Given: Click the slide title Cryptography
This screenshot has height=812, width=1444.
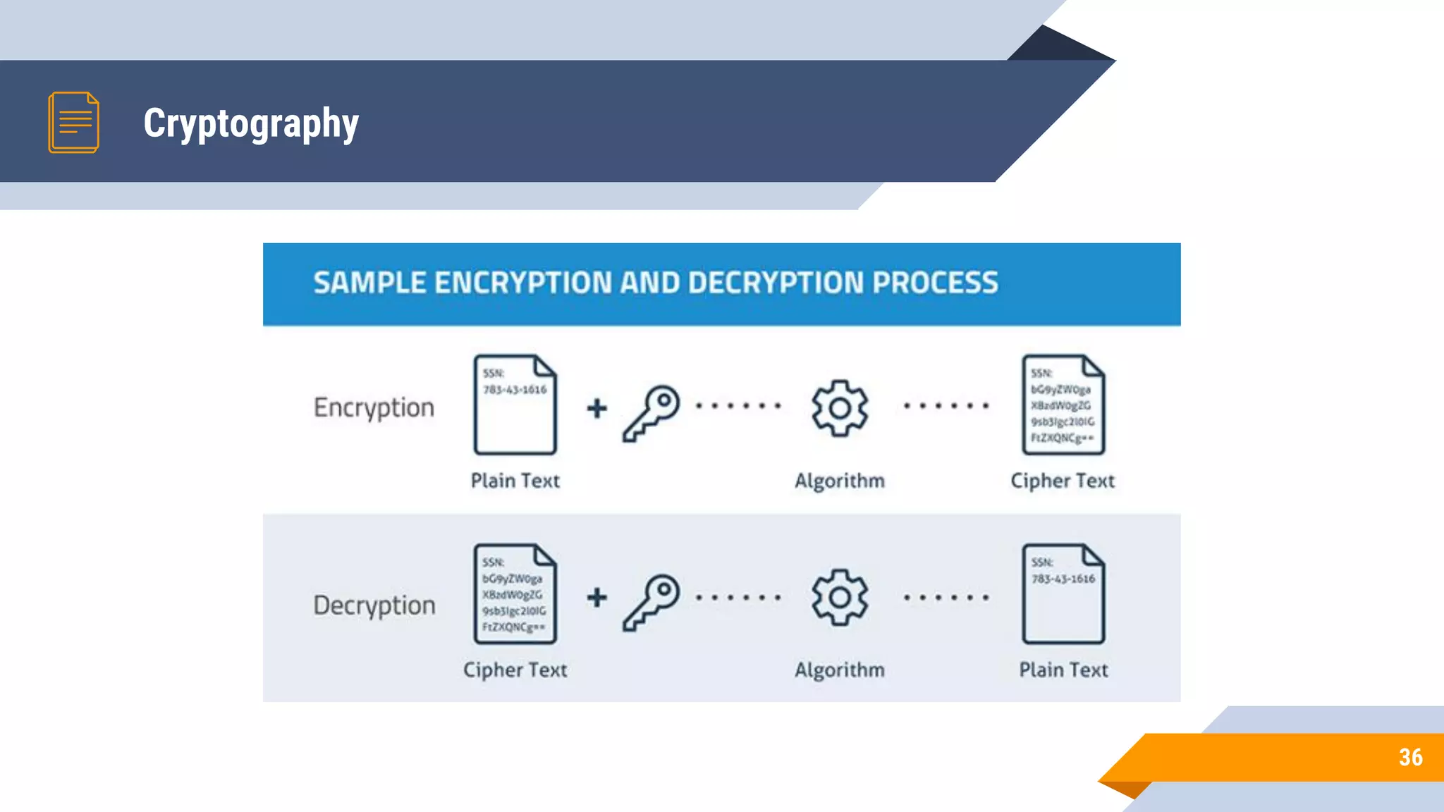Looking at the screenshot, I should pos(251,123).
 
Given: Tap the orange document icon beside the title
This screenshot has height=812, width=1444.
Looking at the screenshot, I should pos(73,122).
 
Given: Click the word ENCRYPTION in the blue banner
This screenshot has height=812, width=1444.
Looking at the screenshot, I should pos(522,283).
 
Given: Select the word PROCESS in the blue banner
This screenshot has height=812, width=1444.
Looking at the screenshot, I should pos(935,283).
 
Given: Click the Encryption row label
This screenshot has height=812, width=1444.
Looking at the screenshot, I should pos(374,408).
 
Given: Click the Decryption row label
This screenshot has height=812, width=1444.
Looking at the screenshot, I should pos(374,605).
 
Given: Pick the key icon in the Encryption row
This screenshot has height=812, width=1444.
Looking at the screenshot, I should pos(651,412).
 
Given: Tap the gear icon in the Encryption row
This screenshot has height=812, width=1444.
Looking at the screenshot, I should pos(839,408).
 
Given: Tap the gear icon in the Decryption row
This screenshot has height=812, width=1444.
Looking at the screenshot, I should pos(839,597).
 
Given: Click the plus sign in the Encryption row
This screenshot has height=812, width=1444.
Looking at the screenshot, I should pos(596,408).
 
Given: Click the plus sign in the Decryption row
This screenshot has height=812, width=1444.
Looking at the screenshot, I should pos(596,597).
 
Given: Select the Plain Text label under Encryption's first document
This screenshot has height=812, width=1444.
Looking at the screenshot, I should pos(515,481).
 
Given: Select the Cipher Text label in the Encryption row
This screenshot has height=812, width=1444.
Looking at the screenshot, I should pos(1063,481).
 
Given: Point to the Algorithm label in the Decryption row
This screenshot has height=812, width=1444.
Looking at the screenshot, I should pos(839,670).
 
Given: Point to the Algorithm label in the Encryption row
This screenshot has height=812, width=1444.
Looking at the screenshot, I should pos(839,481).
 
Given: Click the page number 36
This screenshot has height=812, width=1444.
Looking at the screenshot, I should pos(1410,757).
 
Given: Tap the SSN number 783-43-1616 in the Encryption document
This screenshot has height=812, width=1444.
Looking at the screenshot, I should pos(515,390).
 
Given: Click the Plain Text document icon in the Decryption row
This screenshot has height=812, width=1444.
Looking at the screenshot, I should pos(1063,594).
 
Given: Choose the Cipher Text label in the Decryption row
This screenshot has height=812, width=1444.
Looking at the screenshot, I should pos(515,670).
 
